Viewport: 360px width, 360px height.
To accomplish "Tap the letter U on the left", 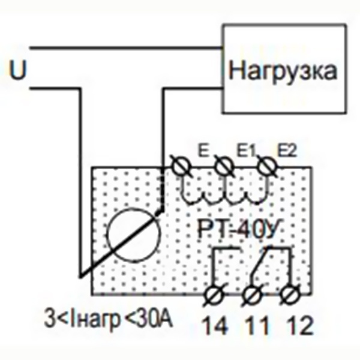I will tap(19, 70).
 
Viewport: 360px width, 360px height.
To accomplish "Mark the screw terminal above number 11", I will tap(254, 296).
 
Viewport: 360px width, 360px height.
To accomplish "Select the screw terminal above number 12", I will tap(292, 296).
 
